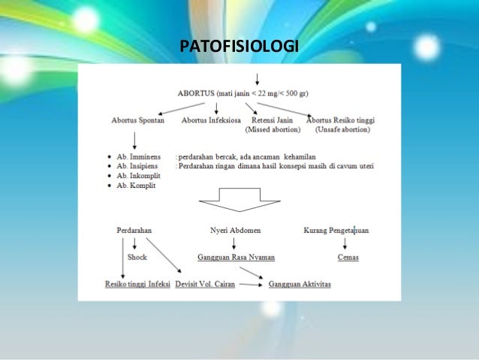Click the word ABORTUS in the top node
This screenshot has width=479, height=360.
(x=194, y=94)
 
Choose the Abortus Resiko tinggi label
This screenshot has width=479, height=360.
(x=341, y=120)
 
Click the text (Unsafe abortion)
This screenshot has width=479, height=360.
(x=341, y=130)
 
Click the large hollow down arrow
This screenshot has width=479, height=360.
(x=239, y=201)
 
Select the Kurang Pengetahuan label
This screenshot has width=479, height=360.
(x=336, y=228)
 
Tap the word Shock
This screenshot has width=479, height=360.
(x=137, y=257)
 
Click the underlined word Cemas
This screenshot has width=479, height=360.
(x=348, y=257)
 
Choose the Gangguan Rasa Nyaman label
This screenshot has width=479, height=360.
(x=236, y=257)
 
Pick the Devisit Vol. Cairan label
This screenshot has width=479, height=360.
(x=206, y=285)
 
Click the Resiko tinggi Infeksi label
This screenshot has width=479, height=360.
(x=137, y=285)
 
